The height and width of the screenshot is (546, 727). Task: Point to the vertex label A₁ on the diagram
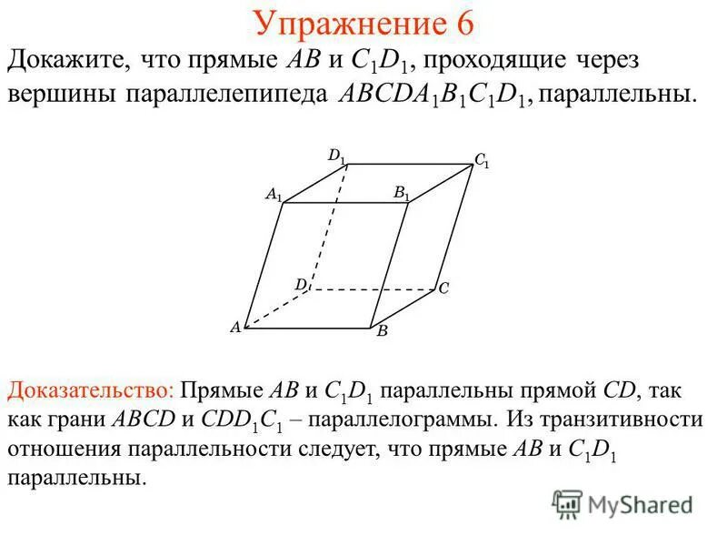[274, 194]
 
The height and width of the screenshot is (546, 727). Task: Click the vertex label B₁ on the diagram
[401, 193]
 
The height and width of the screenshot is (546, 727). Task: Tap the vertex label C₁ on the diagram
[482, 160]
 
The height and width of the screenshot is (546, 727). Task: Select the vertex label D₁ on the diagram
[336, 157]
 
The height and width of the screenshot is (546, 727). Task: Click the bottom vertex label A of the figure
[234, 328]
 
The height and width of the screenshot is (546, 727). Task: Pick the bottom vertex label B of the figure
[383, 332]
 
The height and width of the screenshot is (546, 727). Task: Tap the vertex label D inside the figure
[301, 284]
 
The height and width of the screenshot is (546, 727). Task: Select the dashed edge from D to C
[373, 290]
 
